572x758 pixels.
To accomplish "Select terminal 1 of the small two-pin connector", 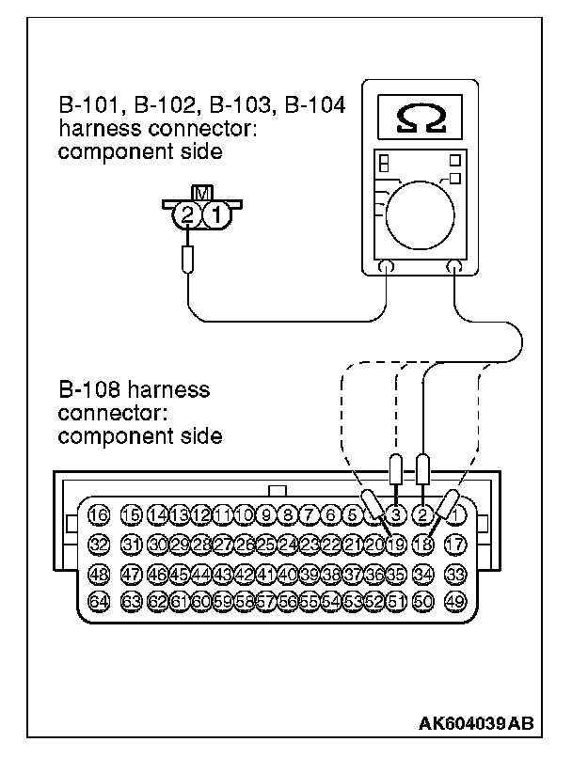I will coord(215,214).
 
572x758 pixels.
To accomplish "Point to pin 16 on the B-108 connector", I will coord(97,514).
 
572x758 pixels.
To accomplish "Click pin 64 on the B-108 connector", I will coord(97,600).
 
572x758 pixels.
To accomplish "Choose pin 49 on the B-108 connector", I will coord(456,600).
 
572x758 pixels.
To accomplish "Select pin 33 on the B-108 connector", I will coord(456,572).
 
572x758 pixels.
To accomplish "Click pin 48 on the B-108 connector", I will coord(97,572).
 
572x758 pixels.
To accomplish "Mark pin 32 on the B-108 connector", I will coord(97,543).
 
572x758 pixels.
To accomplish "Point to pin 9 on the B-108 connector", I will coord(266,514).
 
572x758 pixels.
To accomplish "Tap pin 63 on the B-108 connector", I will coord(131,600).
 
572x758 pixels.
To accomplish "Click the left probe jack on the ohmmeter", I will coord(386,268).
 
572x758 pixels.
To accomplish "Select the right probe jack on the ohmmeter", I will coord(454,268).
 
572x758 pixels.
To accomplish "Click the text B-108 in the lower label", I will coord(90,387).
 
